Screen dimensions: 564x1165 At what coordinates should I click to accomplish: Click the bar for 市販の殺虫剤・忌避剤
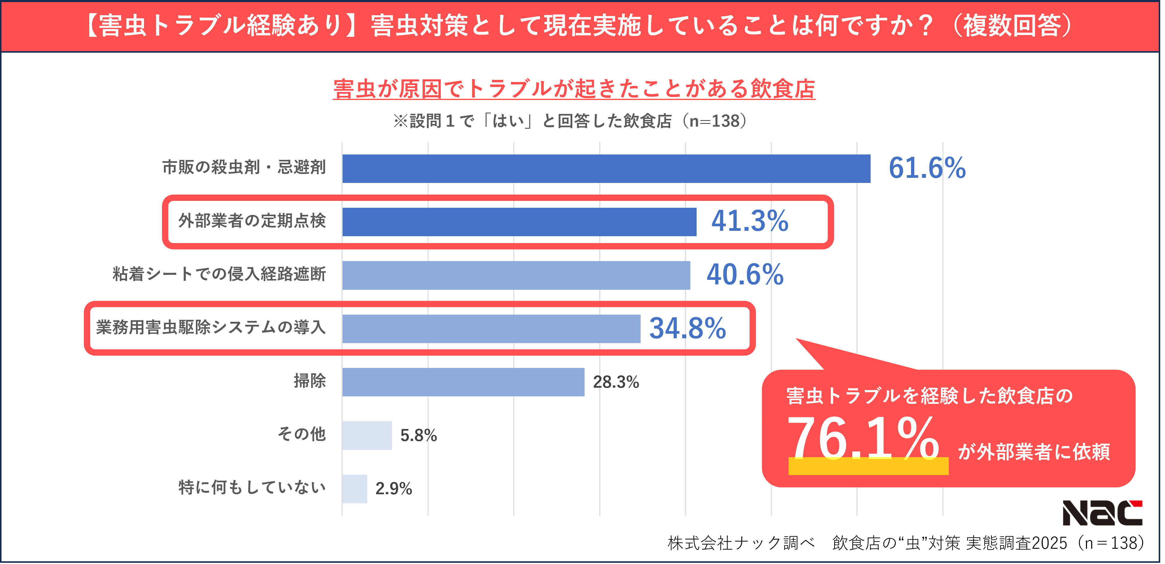tap(606, 169)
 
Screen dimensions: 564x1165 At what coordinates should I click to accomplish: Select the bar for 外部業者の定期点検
tap(519, 222)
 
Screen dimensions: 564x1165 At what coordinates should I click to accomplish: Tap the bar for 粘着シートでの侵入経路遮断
tap(516, 275)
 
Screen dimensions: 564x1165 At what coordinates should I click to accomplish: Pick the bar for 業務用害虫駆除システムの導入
tap(491, 328)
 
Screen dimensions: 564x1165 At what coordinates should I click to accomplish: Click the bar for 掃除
tap(463, 382)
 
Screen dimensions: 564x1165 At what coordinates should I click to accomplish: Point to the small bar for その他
tap(367, 435)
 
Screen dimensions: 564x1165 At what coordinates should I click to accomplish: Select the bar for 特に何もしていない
tap(355, 489)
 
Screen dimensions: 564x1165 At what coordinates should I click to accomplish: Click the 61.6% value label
tap(927, 168)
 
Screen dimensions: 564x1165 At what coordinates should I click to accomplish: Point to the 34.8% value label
tap(687, 328)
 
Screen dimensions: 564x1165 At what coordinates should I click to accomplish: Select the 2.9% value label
tap(394, 489)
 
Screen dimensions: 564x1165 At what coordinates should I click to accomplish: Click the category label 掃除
tap(310, 381)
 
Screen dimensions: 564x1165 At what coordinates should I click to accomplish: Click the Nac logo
tap(1102, 513)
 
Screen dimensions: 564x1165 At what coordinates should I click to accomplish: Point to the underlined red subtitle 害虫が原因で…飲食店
tap(574, 89)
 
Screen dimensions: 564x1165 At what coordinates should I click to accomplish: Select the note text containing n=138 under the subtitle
tap(570, 121)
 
